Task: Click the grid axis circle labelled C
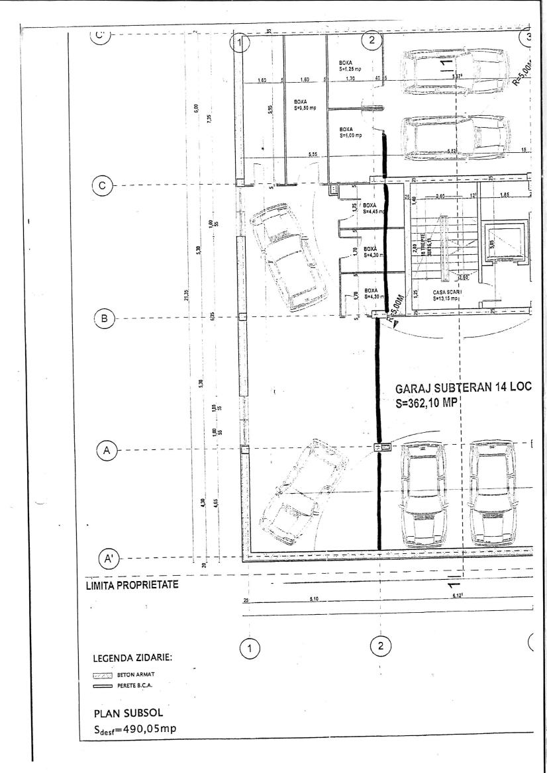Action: point(102,186)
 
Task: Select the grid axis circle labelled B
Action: point(103,318)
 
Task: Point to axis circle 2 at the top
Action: point(372,40)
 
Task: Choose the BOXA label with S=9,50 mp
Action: point(306,103)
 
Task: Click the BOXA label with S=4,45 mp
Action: point(371,209)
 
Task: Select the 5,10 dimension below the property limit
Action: point(314,600)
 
